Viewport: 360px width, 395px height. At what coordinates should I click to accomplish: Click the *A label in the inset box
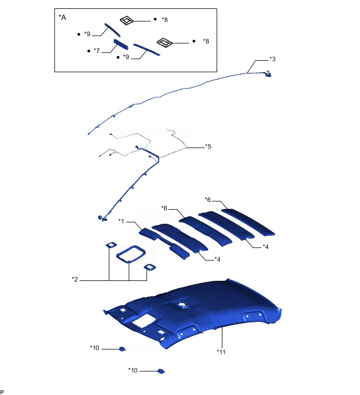(x=62, y=17)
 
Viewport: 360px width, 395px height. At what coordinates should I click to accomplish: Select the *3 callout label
(x=272, y=59)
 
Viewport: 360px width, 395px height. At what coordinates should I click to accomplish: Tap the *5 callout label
(x=208, y=146)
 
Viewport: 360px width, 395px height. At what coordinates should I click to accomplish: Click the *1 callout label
(x=121, y=221)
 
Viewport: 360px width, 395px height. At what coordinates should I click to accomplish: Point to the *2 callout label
(x=75, y=279)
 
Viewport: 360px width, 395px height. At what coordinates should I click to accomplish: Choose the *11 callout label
(x=221, y=352)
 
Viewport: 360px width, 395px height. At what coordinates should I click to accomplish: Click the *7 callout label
(x=96, y=51)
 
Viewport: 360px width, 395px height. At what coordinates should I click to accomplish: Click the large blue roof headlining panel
(x=193, y=313)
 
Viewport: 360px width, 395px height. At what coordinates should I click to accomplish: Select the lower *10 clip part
(x=161, y=371)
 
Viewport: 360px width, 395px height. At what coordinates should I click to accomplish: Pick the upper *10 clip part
(x=122, y=349)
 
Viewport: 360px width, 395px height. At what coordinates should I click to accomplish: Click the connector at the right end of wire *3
(x=268, y=74)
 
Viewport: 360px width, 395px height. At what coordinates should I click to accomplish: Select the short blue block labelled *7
(x=121, y=44)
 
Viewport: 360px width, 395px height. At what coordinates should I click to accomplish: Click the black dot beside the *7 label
(x=88, y=51)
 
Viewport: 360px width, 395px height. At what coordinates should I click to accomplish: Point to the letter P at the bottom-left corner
(x=2, y=392)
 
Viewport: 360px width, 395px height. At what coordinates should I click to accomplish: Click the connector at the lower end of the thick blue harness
(x=102, y=218)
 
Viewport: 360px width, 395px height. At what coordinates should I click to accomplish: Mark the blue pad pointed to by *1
(x=149, y=234)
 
